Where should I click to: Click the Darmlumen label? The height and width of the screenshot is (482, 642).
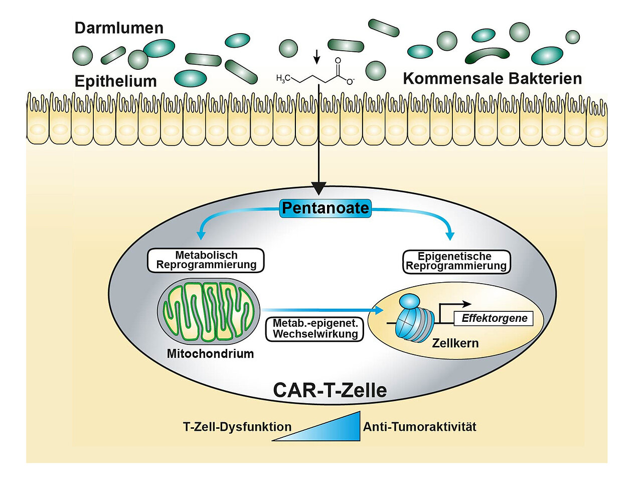click(x=119, y=28)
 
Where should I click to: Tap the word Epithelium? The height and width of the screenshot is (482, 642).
click(x=115, y=81)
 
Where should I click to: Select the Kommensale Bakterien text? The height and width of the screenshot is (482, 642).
click(x=492, y=78)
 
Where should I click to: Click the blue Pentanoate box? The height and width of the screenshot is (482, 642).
click(x=325, y=208)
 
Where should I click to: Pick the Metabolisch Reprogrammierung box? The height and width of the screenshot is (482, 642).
click(x=206, y=260)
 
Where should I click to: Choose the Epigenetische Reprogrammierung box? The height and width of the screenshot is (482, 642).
click(x=456, y=262)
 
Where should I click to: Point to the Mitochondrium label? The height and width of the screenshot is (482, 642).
click(x=210, y=353)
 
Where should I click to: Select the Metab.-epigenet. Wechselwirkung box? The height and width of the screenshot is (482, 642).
click(x=315, y=329)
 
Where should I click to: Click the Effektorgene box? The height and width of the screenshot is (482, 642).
click(x=494, y=318)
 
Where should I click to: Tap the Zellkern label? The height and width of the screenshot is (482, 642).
click(x=455, y=343)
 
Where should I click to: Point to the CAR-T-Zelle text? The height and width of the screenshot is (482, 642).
click(x=330, y=391)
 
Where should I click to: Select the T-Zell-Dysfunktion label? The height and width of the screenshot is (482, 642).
click(x=237, y=427)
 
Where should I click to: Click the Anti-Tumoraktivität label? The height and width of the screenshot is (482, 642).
click(x=420, y=427)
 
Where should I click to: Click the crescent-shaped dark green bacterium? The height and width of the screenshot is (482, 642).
click(x=487, y=55)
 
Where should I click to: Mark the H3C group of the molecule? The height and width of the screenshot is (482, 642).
click(x=283, y=78)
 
